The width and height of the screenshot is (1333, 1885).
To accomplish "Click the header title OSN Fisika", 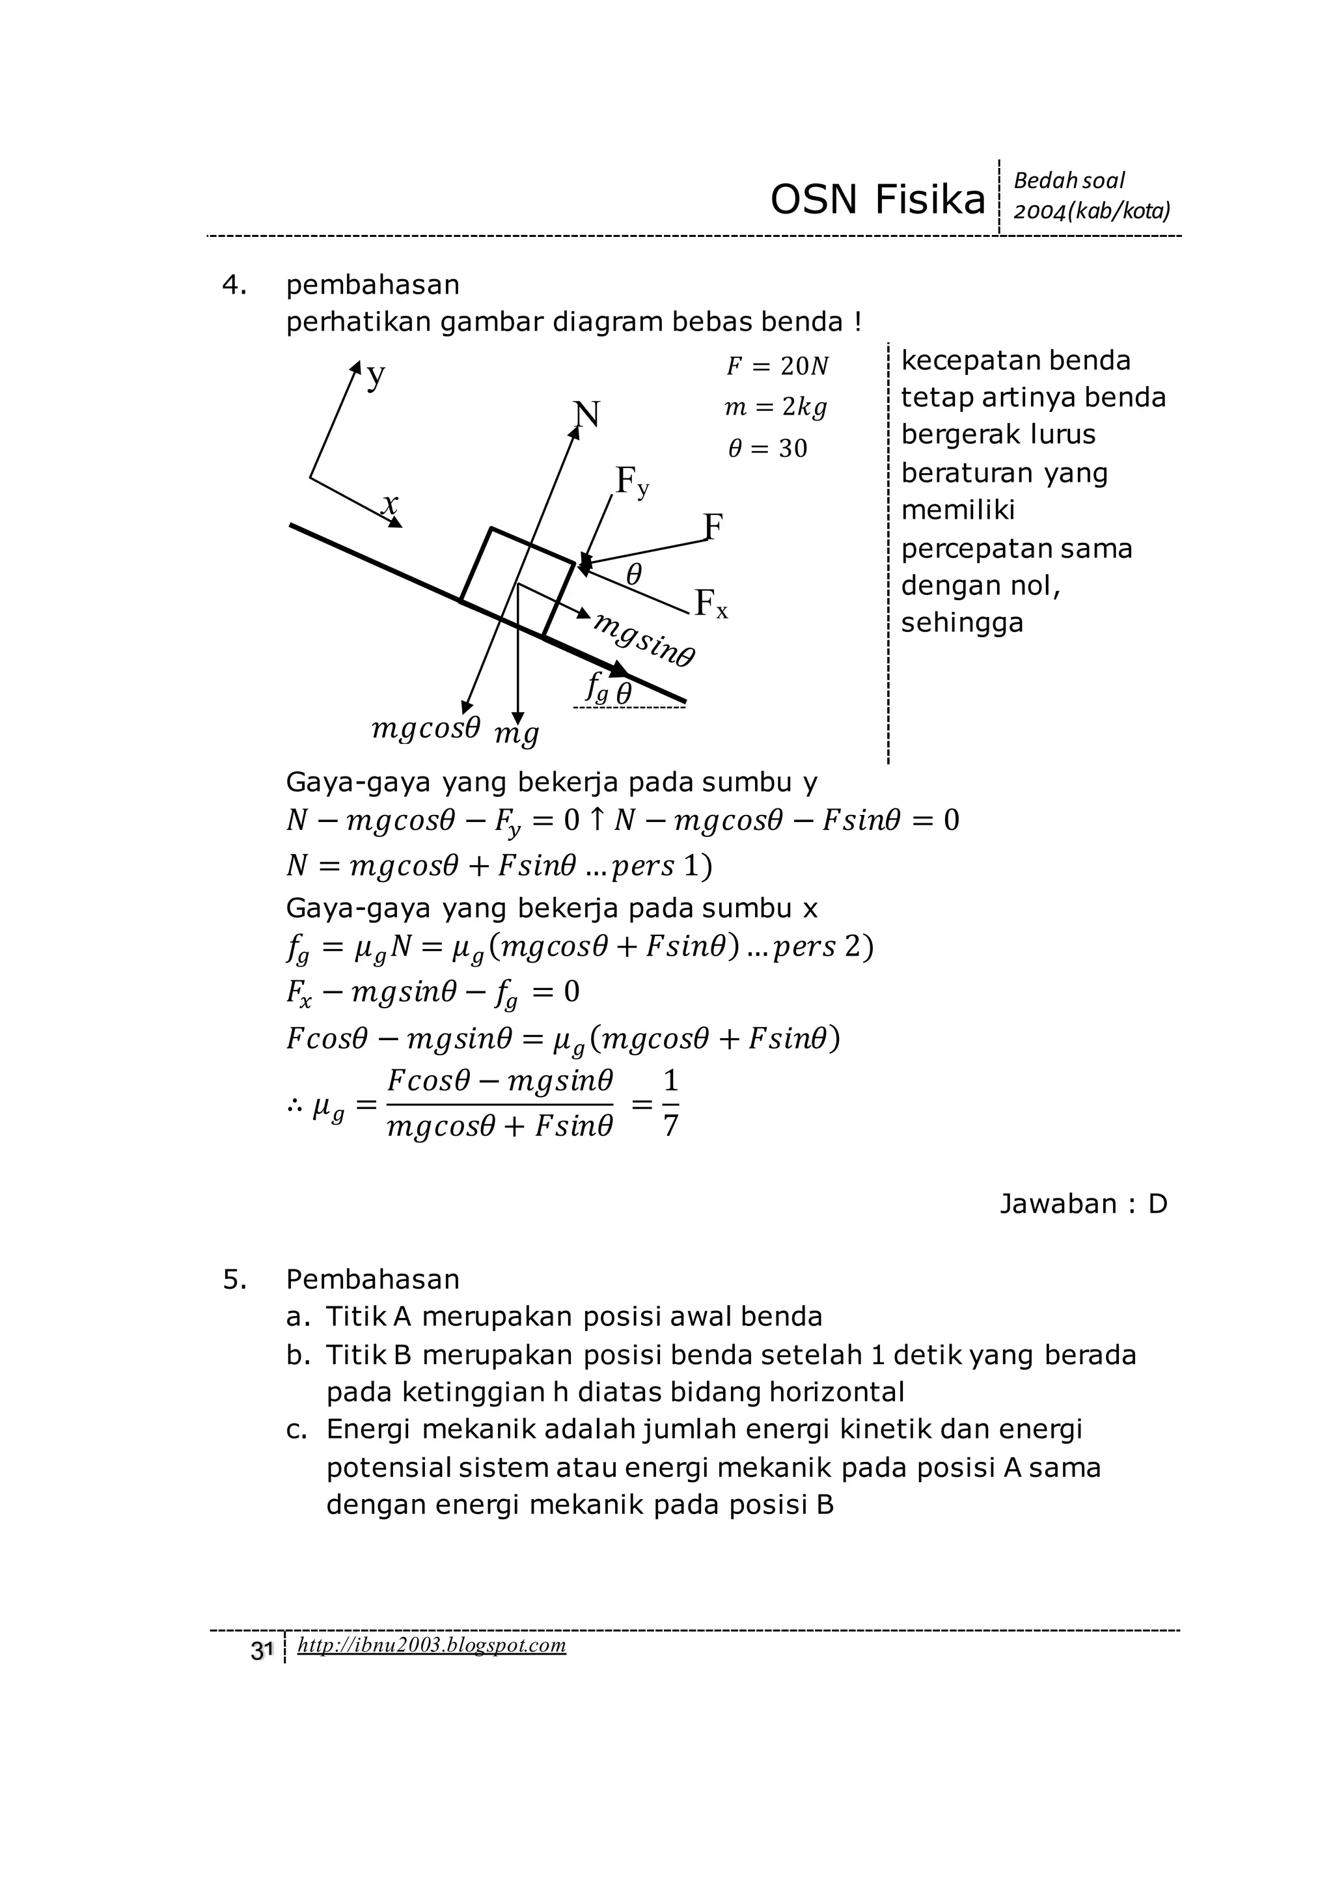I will click(877, 200).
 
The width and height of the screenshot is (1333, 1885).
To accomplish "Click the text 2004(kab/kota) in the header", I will click(1091, 212).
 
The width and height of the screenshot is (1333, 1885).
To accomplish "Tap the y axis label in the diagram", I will click(376, 376).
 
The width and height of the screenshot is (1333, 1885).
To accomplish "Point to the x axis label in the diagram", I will click(391, 502).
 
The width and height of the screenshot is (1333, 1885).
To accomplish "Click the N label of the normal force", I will click(586, 415).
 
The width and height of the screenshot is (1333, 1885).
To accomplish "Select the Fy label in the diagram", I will click(631, 481).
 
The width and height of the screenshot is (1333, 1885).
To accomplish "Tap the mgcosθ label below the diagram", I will click(425, 728).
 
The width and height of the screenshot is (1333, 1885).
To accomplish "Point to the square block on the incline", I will click(517, 581).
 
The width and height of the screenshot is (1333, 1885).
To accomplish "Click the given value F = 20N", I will click(776, 366).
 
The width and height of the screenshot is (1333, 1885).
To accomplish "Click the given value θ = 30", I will click(767, 448).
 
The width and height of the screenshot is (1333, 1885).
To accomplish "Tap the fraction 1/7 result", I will click(670, 1103).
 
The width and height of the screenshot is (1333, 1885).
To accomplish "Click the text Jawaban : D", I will click(1082, 1204).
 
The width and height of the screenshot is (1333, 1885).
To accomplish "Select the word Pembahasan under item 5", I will click(373, 1279).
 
